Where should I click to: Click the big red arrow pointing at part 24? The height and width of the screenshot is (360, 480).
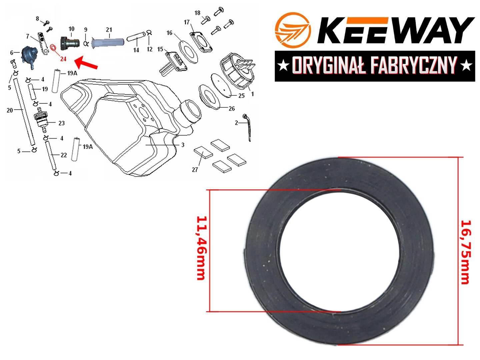tap(86, 63)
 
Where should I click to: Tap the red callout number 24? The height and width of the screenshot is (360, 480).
tap(63, 59)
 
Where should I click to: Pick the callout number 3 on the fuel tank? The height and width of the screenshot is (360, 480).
tap(183, 145)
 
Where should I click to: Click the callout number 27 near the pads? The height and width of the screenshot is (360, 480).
tap(195, 170)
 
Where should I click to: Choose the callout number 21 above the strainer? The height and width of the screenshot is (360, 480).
tap(109, 30)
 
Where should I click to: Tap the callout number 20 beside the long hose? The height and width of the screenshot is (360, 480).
tap(10, 110)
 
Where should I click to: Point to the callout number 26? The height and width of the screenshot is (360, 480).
tap(232, 108)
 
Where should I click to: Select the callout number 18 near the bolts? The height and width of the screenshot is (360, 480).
tap(197, 13)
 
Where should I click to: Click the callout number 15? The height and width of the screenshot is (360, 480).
tap(160, 49)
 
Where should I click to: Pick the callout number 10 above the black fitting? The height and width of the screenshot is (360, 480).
tap(71, 29)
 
